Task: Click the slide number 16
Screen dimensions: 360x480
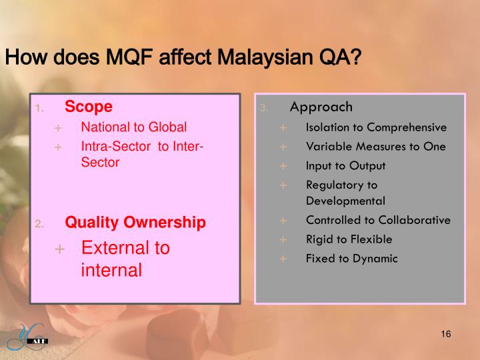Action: [446, 334]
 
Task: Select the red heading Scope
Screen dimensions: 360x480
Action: [89, 107]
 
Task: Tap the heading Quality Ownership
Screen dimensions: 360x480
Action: [135, 222]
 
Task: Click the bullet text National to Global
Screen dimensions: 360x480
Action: [134, 127]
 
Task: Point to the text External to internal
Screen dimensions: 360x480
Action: [125, 259]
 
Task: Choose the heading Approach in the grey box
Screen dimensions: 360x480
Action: [321, 107]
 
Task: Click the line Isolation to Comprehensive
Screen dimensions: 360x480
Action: [376, 127]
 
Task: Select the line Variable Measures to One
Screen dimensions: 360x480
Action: [375, 147]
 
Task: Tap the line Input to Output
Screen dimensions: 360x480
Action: [345, 166]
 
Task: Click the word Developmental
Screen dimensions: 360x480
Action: [345, 200]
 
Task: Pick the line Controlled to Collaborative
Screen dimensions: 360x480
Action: [378, 220]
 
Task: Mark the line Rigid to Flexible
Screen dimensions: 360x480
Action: [349, 239]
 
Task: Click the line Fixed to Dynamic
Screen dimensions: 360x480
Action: [351, 258]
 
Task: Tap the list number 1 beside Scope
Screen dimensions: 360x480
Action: [39, 108]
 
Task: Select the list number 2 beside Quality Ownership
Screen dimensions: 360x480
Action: [39, 223]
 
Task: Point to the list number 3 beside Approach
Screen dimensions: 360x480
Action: [264, 108]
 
